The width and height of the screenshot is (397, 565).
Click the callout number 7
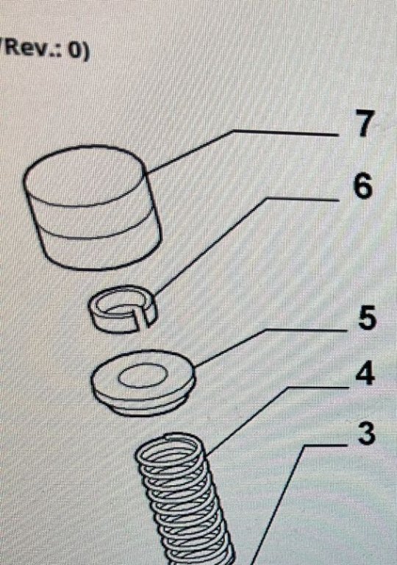pos(365,124)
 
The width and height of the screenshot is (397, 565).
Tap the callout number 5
pos(367,317)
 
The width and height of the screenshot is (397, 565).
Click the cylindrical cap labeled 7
pos(92,207)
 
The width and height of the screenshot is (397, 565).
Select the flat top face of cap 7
pos(85,176)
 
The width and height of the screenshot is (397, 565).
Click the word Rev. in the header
pos(29,48)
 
